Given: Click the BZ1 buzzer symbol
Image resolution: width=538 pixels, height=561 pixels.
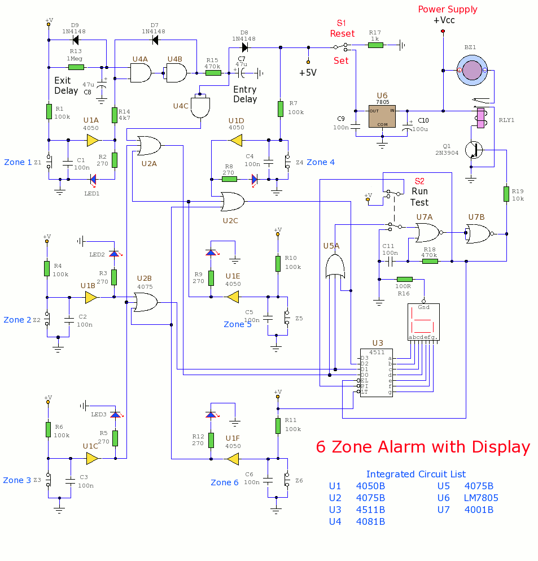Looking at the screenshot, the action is (x=472, y=70).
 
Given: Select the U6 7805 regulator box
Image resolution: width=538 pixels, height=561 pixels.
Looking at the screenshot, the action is (x=382, y=116).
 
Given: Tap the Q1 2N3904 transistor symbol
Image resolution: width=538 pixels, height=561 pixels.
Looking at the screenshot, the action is (x=474, y=150).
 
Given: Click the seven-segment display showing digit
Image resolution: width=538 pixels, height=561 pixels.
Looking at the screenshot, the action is (x=423, y=321).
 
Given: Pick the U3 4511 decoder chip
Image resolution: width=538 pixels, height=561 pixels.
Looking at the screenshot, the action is (x=377, y=372).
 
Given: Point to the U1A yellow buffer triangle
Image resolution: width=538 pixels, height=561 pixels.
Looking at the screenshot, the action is (x=93, y=140).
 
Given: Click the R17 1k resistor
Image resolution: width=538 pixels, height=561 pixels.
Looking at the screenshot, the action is (x=376, y=45).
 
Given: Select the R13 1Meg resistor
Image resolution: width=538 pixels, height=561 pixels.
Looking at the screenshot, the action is (x=76, y=67).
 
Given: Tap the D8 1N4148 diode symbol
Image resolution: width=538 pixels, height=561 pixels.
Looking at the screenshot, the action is (x=245, y=47).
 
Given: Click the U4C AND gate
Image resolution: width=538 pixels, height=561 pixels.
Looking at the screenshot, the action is (x=200, y=106).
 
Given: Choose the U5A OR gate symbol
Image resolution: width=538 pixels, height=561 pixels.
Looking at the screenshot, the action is (x=335, y=267).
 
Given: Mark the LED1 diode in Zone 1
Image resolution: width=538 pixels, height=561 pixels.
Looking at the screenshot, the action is (x=93, y=179).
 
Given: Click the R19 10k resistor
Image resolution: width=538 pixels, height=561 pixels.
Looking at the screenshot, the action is (x=506, y=194).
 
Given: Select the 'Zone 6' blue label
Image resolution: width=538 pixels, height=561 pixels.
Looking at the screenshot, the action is (x=225, y=482).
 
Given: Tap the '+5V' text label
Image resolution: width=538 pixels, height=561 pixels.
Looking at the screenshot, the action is (x=308, y=73).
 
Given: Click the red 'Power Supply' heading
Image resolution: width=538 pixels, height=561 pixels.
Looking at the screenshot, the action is (x=448, y=10).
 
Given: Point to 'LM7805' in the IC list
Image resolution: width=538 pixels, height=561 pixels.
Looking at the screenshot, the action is (x=481, y=498).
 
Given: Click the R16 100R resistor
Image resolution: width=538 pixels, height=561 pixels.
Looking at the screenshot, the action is (x=405, y=279).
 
